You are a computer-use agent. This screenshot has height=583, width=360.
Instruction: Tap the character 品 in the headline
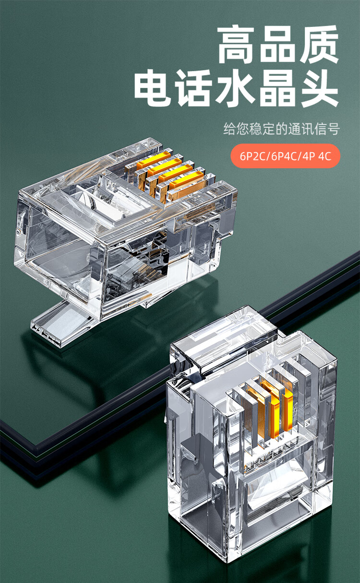[x=277, y=44]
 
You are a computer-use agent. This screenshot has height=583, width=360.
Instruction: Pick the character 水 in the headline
[x=236, y=87]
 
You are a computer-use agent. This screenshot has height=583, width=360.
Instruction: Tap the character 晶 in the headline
[x=277, y=87]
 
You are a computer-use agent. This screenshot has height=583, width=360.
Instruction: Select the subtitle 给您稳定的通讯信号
[x=281, y=129]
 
